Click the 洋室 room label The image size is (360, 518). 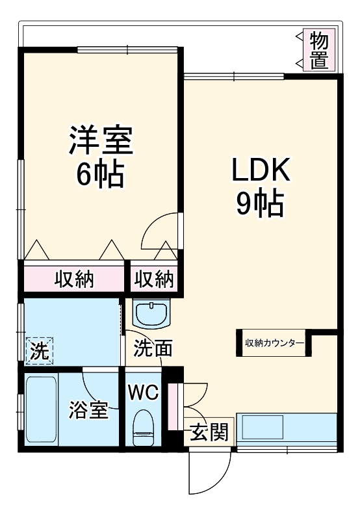(x=100, y=141)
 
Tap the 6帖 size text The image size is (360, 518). (x=100, y=174)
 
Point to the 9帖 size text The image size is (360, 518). (x=260, y=204)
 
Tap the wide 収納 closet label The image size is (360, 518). (x=73, y=279)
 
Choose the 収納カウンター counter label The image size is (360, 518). (x=274, y=343)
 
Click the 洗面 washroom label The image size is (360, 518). (x=153, y=349)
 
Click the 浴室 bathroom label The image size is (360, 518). (x=88, y=411)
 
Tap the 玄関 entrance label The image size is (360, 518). (x=209, y=432)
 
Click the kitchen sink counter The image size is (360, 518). (x=286, y=429)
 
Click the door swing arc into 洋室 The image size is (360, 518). (x=159, y=231)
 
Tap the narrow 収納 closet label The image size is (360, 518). (x=155, y=279)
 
